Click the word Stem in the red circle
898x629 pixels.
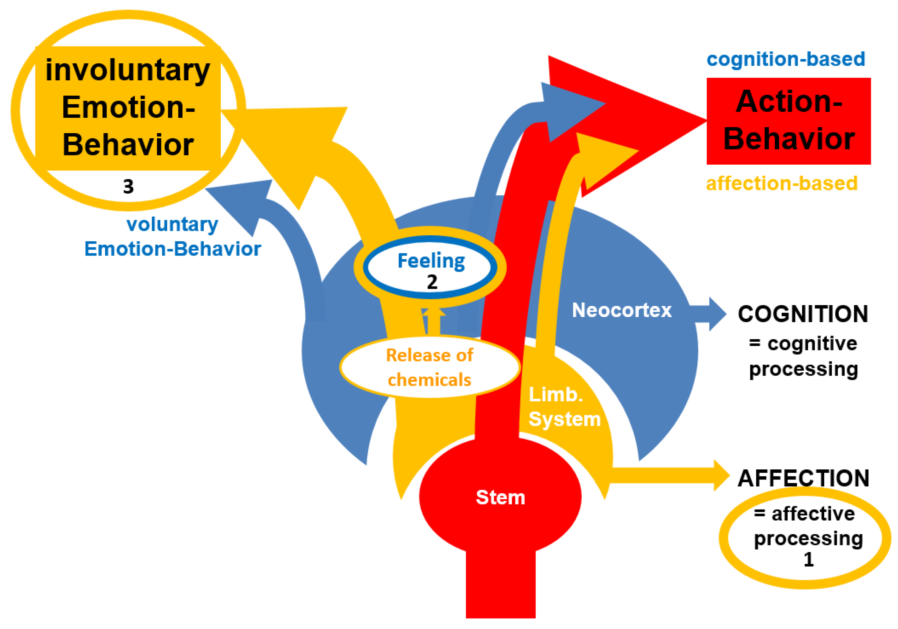pyautogui.click(x=500, y=497)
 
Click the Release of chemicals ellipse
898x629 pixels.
pyautogui.click(x=430, y=367)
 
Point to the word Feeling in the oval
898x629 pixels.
pyautogui.click(x=431, y=261)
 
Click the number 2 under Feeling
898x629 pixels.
pyautogui.click(x=432, y=282)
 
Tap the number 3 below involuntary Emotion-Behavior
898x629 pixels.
pyautogui.click(x=128, y=187)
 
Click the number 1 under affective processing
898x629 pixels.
pyautogui.click(x=808, y=559)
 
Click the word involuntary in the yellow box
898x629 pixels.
pyautogui.click(x=128, y=70)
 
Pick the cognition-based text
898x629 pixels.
pyautogui.click(x=785, y=59)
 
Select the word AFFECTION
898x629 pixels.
pyautogui.click(x=803, y=478)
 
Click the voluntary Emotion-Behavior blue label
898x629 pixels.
pyautogui.click(x=172, y=237)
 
